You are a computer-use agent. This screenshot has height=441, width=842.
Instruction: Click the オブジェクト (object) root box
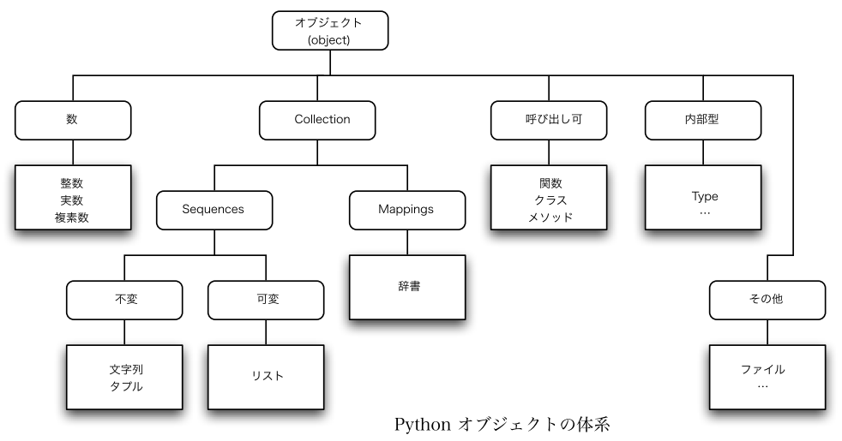(330, 31)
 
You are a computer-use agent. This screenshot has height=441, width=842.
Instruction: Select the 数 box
(73, 120)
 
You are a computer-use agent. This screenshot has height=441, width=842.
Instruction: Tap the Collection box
(317, 120)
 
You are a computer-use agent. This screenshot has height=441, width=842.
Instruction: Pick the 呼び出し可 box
(549, 120)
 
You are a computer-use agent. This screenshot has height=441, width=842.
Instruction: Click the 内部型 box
(703, 120)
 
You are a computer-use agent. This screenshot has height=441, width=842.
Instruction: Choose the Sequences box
(214, 211)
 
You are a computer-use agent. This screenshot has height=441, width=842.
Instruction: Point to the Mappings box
(407, 211)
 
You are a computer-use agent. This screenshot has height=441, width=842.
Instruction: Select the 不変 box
(124, 300)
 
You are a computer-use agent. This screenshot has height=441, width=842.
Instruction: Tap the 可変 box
(266, 300)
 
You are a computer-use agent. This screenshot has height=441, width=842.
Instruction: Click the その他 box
(767, 300)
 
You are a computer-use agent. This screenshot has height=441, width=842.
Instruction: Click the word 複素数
(71, 218)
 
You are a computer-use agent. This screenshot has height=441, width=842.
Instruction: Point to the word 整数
(71, 183)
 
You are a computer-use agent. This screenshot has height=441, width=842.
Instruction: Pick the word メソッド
(550, 218)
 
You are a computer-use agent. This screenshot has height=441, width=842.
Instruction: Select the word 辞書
(409, 286)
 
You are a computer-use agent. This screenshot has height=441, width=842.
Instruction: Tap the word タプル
(127, 386)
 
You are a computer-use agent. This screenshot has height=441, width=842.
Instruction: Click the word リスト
(268, 376)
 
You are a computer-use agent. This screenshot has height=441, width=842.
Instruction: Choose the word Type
(705, 196)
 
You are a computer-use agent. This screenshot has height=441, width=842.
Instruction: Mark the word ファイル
(762, 369)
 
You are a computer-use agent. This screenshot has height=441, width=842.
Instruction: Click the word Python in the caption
(423, 425)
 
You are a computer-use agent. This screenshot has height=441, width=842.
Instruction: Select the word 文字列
(127, 369)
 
